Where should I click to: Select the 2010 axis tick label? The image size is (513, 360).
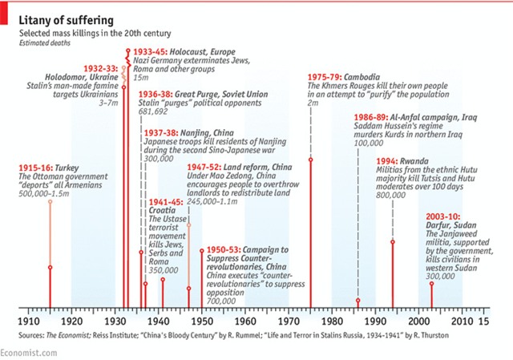[x=463, y=319]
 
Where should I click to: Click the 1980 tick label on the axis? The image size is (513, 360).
[x=333, y=319]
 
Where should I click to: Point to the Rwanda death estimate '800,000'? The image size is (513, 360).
[x=390, y=195]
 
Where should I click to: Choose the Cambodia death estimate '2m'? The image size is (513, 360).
[x=313, y=104]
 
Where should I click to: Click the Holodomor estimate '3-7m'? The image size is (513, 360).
[x=107, y=104]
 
